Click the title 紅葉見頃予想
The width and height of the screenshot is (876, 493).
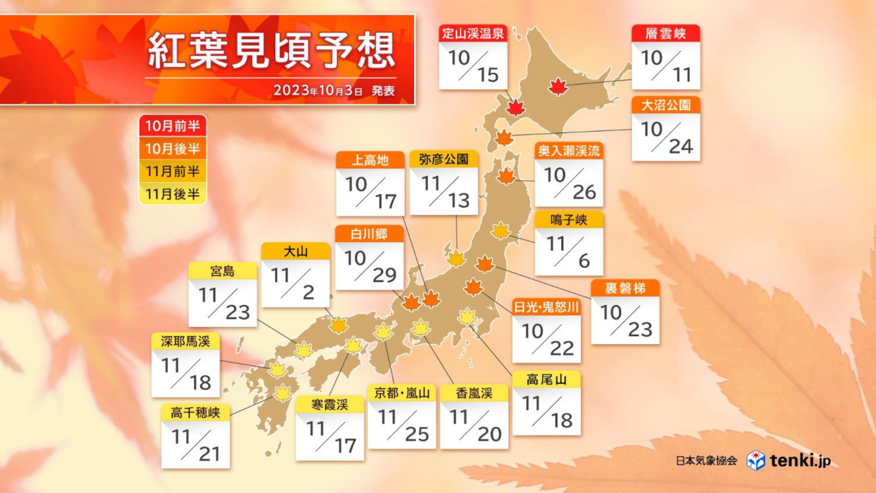(271, 50)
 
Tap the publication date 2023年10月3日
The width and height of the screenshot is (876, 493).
(318, 90)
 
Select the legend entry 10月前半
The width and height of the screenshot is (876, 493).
(172, 126)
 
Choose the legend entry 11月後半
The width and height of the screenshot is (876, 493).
(172, 194)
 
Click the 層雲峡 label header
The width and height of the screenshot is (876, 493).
(666, 33)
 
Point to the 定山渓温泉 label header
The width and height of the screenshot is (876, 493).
(473, 33)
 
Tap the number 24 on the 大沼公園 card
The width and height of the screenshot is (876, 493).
(681, 147)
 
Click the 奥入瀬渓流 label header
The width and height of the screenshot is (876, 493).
(568, 151)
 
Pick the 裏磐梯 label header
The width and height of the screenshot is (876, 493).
(625, 288)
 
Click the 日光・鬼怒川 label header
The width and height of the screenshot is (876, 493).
(546, 307)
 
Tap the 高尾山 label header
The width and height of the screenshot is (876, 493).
(546, 380)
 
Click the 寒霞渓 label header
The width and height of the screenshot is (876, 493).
(329, 405)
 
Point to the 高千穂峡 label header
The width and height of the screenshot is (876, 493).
(195, 413)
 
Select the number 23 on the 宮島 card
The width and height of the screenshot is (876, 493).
(237, 313)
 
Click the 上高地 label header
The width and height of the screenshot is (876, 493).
(370, 160)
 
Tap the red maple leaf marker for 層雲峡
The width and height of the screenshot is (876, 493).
(558, 86)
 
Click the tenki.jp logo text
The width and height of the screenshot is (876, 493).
(800, 460)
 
